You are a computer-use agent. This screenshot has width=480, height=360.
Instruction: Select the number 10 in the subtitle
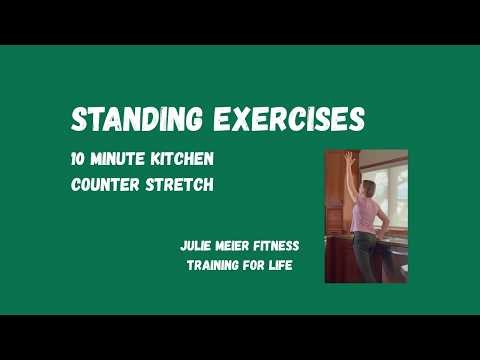click(x=79, y=160)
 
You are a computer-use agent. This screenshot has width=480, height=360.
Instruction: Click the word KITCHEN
click(x=185, y=160)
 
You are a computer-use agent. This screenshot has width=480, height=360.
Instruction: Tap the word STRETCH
click(x=181, y=185)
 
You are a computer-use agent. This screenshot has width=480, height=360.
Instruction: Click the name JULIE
click(x=196, y=245)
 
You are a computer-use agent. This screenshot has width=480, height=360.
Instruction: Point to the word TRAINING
click(x=213, y=265)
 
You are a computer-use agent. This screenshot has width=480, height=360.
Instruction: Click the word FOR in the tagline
click(x=256, y=265)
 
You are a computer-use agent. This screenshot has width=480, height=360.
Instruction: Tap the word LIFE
click(x=284, y=265)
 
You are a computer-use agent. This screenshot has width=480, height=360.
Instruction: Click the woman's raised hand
click(x=349, y=158)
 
